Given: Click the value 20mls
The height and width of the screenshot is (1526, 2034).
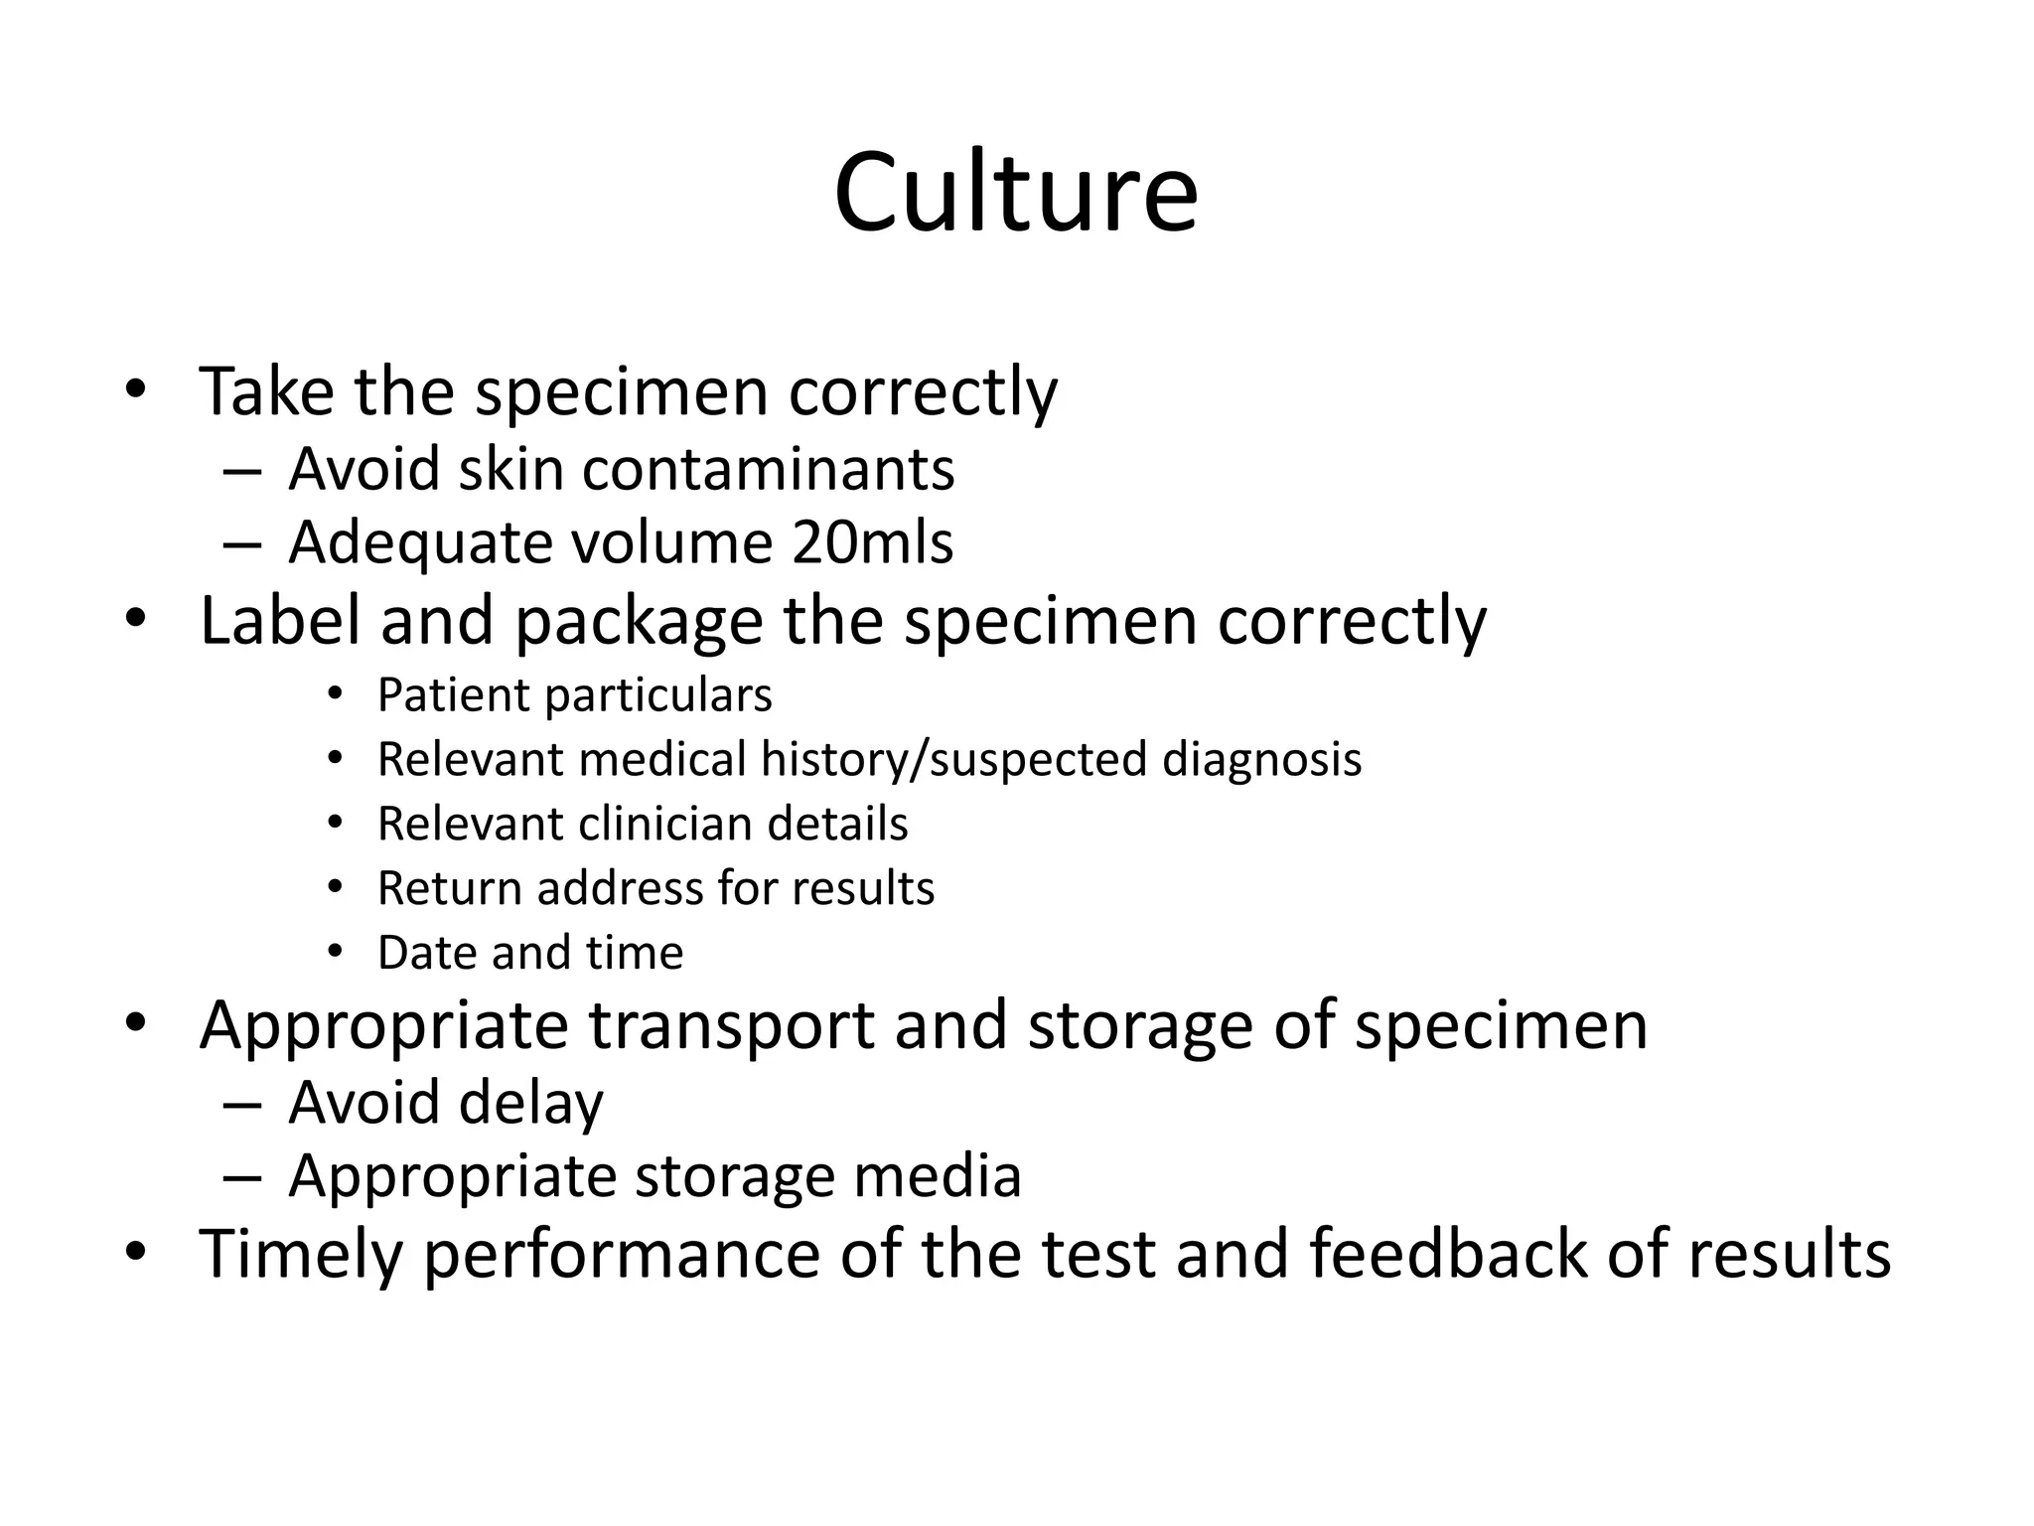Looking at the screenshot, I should (873, 542).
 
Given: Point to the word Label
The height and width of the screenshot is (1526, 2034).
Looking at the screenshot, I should (280, 620).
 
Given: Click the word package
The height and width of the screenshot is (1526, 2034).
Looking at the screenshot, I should (639, 622).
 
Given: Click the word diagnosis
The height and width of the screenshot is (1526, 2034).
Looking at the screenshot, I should (1261, 760).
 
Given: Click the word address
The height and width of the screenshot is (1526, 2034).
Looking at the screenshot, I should (620, 888).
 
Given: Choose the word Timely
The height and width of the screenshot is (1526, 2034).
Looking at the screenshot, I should (301, 1254).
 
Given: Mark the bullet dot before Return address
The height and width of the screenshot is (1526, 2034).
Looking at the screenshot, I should (335, 886).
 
